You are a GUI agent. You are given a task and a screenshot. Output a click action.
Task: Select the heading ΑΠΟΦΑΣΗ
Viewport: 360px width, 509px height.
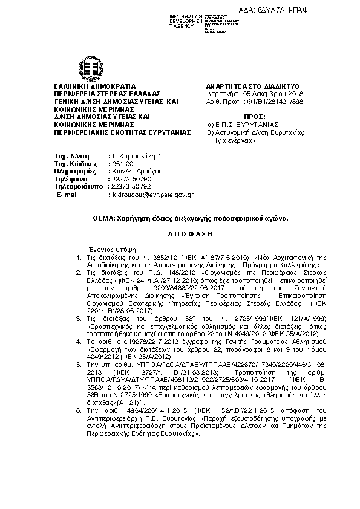180,233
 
